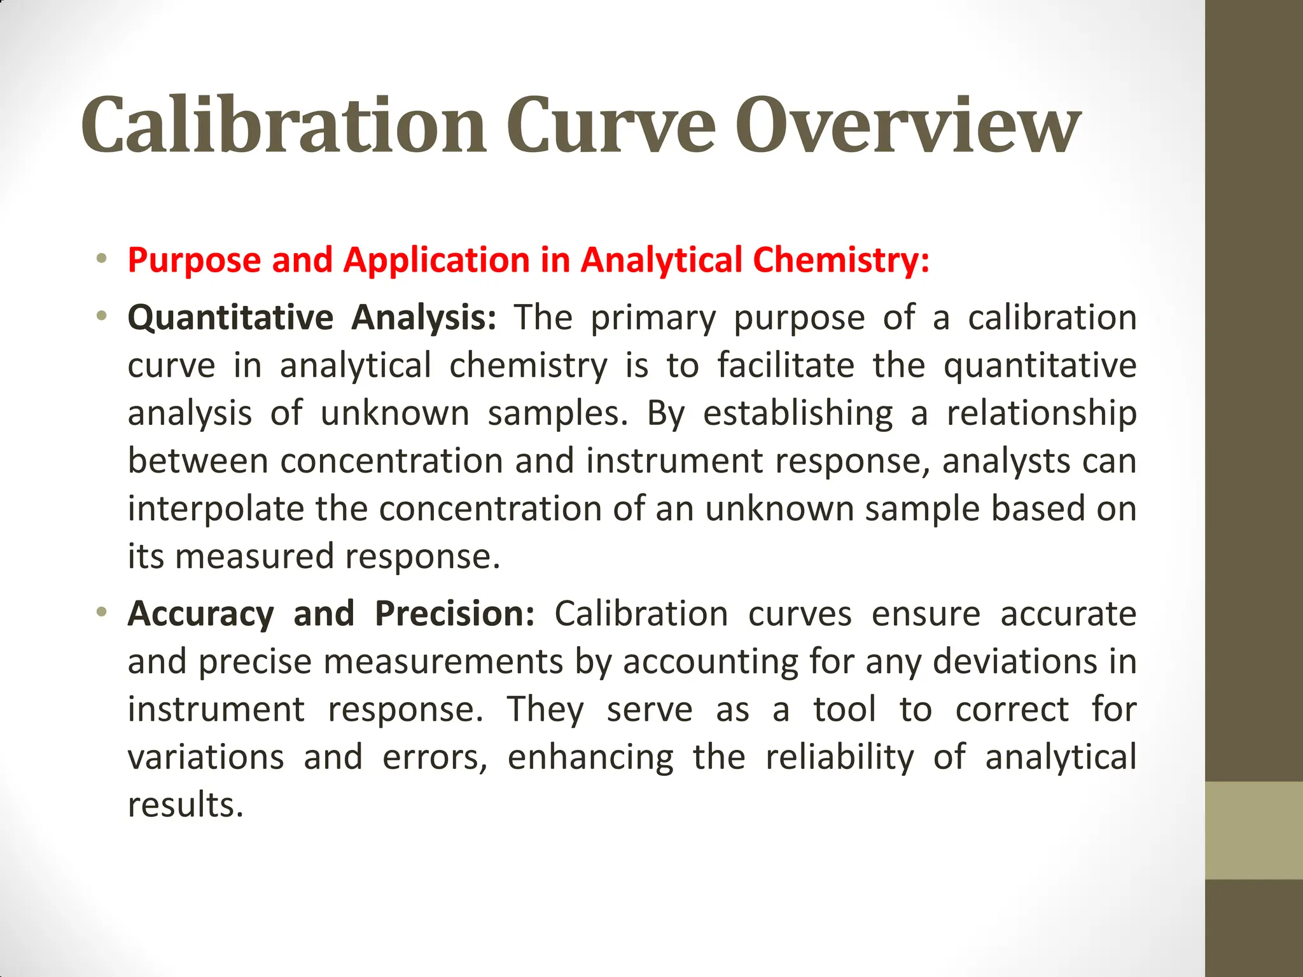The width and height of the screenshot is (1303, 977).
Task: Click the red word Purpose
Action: (195, 260)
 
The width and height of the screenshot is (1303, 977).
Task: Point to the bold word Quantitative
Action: (230, 317)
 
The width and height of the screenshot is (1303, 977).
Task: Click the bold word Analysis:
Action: (423, 317)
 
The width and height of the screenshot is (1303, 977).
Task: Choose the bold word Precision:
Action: (454, 614)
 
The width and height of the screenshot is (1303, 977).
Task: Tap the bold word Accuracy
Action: (200, 614)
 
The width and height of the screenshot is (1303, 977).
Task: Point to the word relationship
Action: (1041, 413)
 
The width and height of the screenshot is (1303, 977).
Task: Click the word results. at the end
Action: (186, 805)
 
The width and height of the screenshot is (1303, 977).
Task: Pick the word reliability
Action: (839, 757)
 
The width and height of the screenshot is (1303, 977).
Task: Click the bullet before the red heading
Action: (101, 259)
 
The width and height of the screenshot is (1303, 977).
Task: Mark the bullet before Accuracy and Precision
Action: (101, 613)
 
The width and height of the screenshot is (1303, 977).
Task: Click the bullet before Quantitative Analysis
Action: (101, 316)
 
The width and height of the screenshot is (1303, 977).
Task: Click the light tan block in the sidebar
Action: (1253, 830)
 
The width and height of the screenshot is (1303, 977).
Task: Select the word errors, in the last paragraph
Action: (435, 757)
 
